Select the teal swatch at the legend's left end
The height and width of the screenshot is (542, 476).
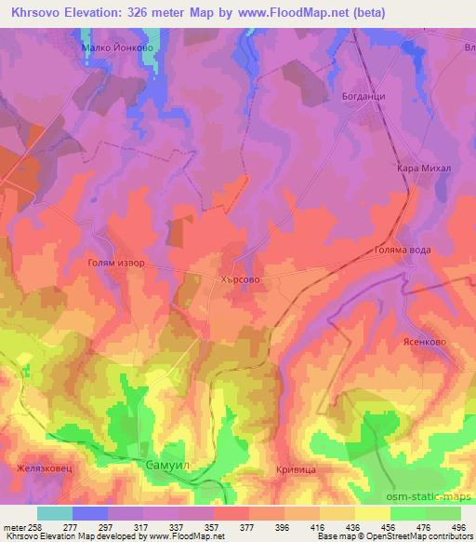click(54, 513)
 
